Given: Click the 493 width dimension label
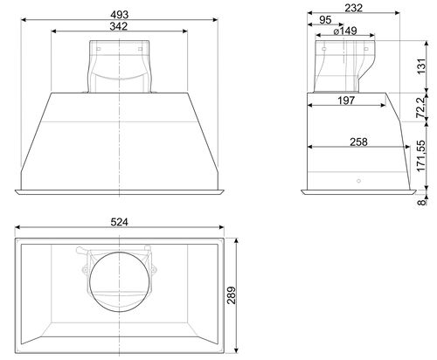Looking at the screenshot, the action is coord(120,14).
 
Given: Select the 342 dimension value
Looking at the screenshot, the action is coord(119,26).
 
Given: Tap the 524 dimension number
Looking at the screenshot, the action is coord(119,222).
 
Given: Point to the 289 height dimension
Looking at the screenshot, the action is coord(232,295).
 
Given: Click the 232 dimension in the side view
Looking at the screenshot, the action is coord(354,8).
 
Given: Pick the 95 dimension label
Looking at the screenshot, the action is coord(325,20).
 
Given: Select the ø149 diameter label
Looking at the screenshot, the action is coord(345,31).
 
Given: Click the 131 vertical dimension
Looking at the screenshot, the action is coord(421,66).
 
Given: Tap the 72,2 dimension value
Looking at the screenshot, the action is coord(421,107).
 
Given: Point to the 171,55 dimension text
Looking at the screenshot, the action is coord(421,156).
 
